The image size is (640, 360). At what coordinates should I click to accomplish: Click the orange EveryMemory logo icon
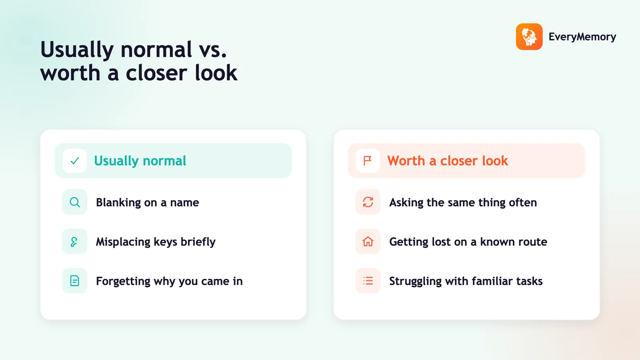tap(529, 36)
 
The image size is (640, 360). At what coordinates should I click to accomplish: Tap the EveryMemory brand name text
tap(582, 37)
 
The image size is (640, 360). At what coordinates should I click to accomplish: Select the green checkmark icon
tap(74, 161)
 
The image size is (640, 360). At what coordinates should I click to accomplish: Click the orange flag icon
tap(368, 161)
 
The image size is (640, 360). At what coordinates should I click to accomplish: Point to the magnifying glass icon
tap(75, 202)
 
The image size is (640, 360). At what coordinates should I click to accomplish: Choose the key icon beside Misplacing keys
tap(74, 242)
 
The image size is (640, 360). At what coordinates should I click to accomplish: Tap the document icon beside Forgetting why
tap(74, 281)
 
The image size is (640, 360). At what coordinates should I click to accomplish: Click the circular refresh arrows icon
tap(368, 202)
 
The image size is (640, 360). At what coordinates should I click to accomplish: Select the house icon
tap(368, 242)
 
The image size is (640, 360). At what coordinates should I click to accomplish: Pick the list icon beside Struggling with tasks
tap(368, 281)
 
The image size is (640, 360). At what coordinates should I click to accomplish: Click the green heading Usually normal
tap(140, 161)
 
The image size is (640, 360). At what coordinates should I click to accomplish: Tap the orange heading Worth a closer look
tap(448, 161)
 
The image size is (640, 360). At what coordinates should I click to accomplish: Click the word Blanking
tap(118, 203)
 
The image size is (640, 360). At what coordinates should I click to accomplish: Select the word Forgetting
tap(123, 282)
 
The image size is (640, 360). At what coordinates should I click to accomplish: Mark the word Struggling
tap(416, 282)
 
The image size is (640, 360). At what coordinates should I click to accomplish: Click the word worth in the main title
tap(70, 73)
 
